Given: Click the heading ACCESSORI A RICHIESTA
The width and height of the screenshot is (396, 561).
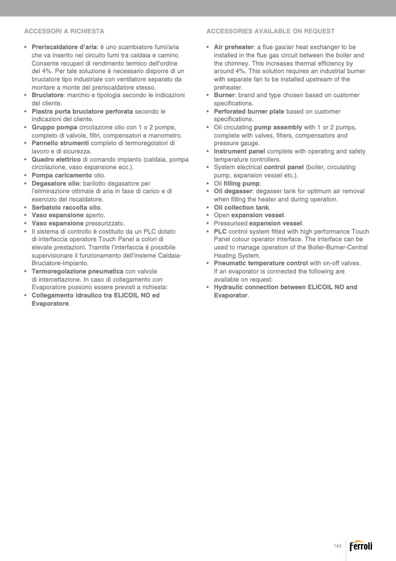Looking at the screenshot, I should (x=64, y=31).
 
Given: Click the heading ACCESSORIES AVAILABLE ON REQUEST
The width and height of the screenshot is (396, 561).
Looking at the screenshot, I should (x=270, y=31).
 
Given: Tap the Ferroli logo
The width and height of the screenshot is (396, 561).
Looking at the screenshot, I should (x=360, y=546).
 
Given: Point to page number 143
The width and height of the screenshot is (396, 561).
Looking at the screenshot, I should (x=338, y=546).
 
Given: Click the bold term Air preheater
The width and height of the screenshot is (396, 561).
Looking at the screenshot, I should (x=233, y=47).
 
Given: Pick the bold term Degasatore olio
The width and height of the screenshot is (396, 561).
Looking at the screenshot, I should (x=56, y=183).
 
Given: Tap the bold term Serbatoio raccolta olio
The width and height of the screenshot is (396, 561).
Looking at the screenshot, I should (x=66, y=207).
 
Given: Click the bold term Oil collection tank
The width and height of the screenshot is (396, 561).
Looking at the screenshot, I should (x=242, y=207).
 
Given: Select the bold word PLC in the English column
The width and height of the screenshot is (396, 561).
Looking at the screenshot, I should (x=220, y=231).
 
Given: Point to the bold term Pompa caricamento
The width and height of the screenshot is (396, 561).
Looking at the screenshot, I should (x=61, y=175).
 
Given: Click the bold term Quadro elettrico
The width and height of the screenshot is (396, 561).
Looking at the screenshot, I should (x=56, y=159).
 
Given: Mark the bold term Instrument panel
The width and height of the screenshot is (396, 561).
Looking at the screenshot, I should (x=239, y=151).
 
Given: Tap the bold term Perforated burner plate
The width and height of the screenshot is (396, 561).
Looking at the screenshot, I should (x=249, y=111).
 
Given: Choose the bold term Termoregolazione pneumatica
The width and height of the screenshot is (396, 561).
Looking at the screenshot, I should (x=77, y=271).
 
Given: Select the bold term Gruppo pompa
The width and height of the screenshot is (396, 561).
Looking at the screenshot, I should (x=54, y=127).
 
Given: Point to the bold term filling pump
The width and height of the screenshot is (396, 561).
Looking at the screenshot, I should (x=242, y=183).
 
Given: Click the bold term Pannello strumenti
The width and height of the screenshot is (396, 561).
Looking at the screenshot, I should (x=60, y=143).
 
